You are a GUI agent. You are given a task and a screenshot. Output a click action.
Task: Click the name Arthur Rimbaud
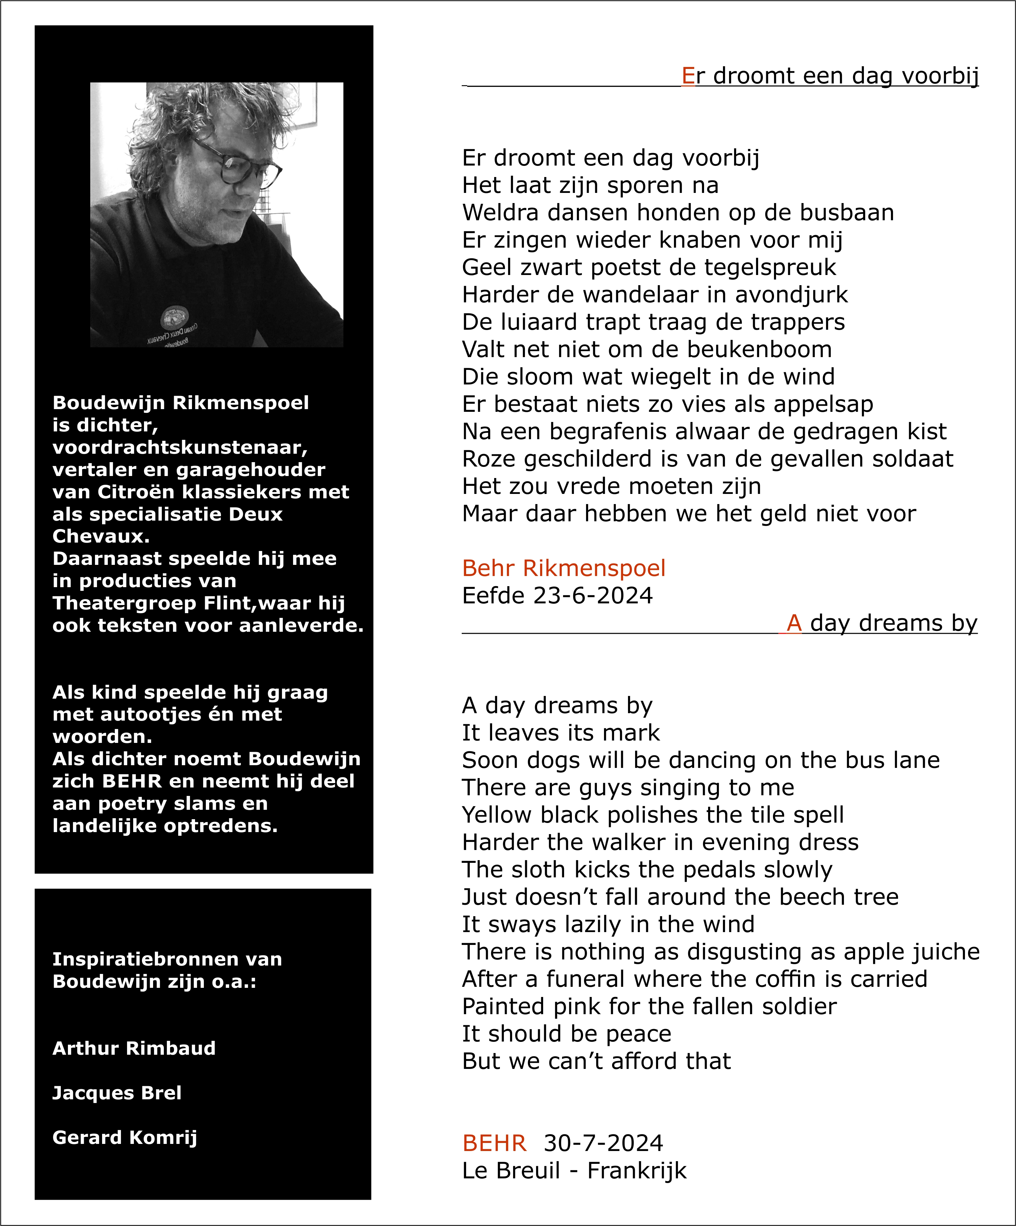[134, 1049]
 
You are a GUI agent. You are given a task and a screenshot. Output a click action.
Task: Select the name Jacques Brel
[117, 1093]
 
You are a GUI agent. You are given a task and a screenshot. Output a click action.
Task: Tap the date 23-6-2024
[593, 596]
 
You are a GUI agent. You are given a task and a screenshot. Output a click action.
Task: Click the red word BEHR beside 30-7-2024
[494, 1143]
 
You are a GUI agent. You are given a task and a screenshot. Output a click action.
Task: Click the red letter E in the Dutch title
[688, 76]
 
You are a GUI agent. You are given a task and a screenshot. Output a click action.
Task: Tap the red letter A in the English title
[793, 623]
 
